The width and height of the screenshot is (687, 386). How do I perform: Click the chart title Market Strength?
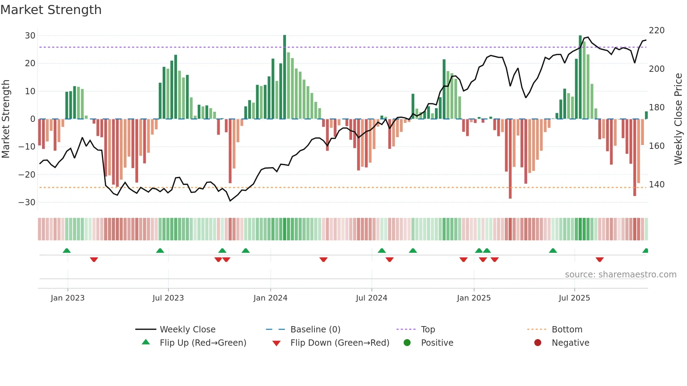(x=51, y=10)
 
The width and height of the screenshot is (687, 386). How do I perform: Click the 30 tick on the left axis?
(x=30, y=36)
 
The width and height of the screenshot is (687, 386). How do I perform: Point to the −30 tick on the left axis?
(x=27, y=202)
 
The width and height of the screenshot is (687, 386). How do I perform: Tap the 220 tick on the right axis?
(x=657, y=30)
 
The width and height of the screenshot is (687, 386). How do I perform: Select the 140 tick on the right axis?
(x=657, y=185)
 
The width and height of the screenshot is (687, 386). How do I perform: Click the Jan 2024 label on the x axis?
(x=270, y=298)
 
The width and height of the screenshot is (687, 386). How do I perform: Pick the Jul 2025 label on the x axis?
(x=574, y=298)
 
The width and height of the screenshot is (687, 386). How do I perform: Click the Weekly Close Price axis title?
(x=678, y=119)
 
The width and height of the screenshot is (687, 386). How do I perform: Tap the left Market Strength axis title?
(x=6, y=119)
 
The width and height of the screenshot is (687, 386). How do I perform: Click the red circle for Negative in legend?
(x=538, y=343)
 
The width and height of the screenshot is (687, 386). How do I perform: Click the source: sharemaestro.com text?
(x=620, y=275)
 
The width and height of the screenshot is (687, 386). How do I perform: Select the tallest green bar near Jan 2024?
(x=285, y=77)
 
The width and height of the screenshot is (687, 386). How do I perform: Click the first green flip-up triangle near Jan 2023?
(x=67, y=250)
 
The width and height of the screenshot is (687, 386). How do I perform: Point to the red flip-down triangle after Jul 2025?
(x=599, y=260)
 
